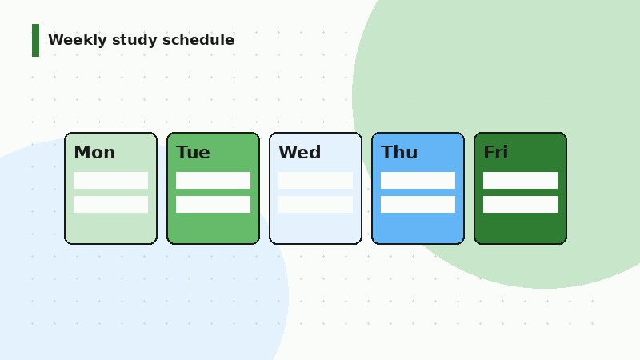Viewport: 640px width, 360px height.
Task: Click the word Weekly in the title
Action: [78, 40]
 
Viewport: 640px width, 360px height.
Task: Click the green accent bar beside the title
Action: [35, 40]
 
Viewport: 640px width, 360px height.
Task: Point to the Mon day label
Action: [94, 153]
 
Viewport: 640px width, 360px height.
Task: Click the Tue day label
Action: [193, 153]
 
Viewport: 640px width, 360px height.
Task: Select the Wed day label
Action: [299, 153]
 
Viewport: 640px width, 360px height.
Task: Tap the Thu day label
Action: [399, 153]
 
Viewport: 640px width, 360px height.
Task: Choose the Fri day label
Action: [495, 153]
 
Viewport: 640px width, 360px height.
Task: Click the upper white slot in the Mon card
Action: [110, 180]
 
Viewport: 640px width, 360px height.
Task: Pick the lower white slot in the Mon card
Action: [110, 204]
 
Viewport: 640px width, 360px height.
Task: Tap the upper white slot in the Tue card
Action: [213, 180]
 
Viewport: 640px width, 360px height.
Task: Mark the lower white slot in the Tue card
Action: [213, 204]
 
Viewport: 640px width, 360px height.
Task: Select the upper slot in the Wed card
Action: [315, 180]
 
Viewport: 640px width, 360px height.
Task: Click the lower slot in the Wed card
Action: [315, 204]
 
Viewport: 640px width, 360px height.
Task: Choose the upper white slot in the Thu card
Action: [418, 180]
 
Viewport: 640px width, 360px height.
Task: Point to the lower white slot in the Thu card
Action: [418, 204]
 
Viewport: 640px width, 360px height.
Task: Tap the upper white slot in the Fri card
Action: [520, 180]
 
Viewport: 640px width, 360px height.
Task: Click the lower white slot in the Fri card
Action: [520, 204]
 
